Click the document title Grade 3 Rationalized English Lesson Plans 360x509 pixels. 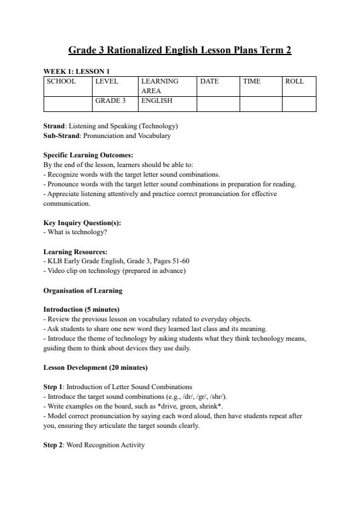point(180,50)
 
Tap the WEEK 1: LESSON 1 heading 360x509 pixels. point(76,71)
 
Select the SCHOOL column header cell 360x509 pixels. point(62,81)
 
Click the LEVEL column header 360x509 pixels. point(107,81)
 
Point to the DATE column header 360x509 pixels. point(209,81)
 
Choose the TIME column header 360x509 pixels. point(252,81)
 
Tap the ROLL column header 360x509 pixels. point(295,81)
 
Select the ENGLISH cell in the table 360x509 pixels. point(157,101)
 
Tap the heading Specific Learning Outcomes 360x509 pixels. point(88,155)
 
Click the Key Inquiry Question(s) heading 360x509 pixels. point(82,223)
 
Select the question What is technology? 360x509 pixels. point(75,232)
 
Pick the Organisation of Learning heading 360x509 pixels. point(83,291)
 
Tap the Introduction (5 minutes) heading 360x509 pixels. point(81,309)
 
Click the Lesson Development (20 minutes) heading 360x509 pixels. point(96,367)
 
